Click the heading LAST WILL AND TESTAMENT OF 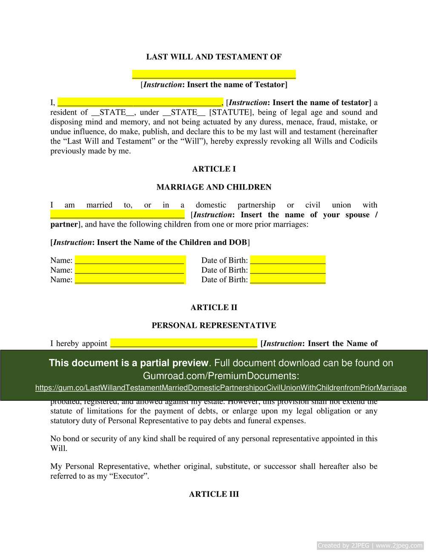pyautogui.click(x=214, y=57)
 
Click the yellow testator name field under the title pyautogui.click(x=214, y=75)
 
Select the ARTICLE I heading pyautogui.click(x=214, y=169)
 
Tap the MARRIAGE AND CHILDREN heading pyautogui.click(x=214, y=187)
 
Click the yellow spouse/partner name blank pyautogui.click(x=118, y=214)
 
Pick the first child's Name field pyautogui.click(x=130, y=260)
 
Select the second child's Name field pyautogui.click(x=130, y=270)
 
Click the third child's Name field pyautogui.click(x=130, y=279)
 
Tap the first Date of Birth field pyautogui.click(x=288, y=260)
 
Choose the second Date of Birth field pyautogui.click(x=288, y=270)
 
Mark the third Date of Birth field pyautogui.click(x=288, y=279)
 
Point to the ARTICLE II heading pyautogui.click(x=214, y=307)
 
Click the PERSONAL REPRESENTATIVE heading pyautogui.click(x=214, y=325)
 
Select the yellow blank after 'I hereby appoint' pyautogui.click(x=184, y=343)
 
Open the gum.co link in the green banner pyautogui.click(x=221, y=388)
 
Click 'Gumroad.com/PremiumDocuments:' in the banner pyautogui.click(x=221, y=376)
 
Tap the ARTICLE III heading pyautogui.click(x=214, y=494)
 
